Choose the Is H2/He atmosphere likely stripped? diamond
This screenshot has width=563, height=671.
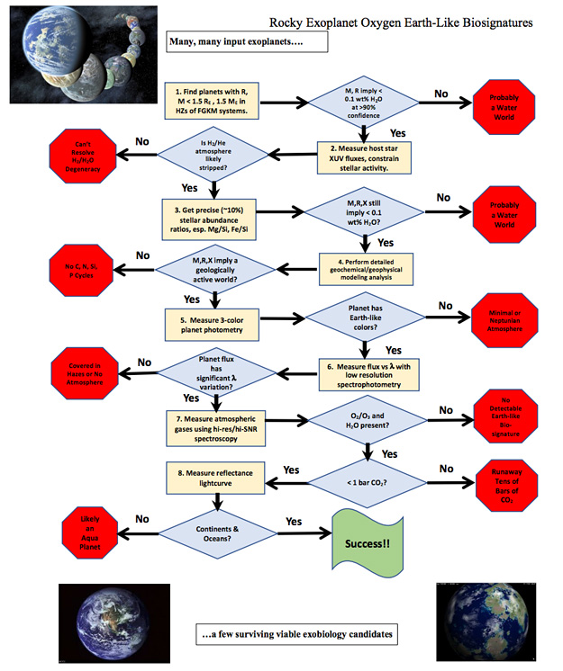(x=213, y=155)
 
